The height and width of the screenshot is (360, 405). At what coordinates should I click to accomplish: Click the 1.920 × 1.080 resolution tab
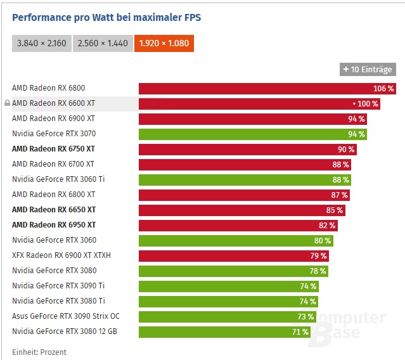(x=164, y=43)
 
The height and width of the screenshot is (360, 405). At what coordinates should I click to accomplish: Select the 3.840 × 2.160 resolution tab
(x=42, y=43)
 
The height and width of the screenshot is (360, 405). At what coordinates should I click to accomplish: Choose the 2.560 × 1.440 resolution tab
(x=103, y=43)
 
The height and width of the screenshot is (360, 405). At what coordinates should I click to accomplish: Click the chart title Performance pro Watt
(x=106, y=17)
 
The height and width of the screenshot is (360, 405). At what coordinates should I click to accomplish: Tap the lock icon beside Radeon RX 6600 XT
(x=7, y=103)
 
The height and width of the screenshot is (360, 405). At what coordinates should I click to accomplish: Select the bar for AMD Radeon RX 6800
(x=267, y=88)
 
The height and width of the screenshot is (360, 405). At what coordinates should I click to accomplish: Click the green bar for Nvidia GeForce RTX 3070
(x=252, y=134)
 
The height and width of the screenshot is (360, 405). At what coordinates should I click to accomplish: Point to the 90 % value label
(x=346, y=149)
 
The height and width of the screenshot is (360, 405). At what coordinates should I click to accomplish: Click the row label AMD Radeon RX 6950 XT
(x=54, y=225)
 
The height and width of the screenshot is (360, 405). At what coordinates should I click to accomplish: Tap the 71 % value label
(x=300, y=331)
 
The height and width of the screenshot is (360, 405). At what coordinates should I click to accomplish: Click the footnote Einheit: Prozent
(x=39, y=352)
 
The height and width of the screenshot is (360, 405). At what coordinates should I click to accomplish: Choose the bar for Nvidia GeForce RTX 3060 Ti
(x=245, y=179)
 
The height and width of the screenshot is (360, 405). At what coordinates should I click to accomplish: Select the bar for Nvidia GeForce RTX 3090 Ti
(x=228, y=286)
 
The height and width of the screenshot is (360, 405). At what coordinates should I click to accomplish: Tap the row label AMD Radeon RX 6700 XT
(x=53, y=164)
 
